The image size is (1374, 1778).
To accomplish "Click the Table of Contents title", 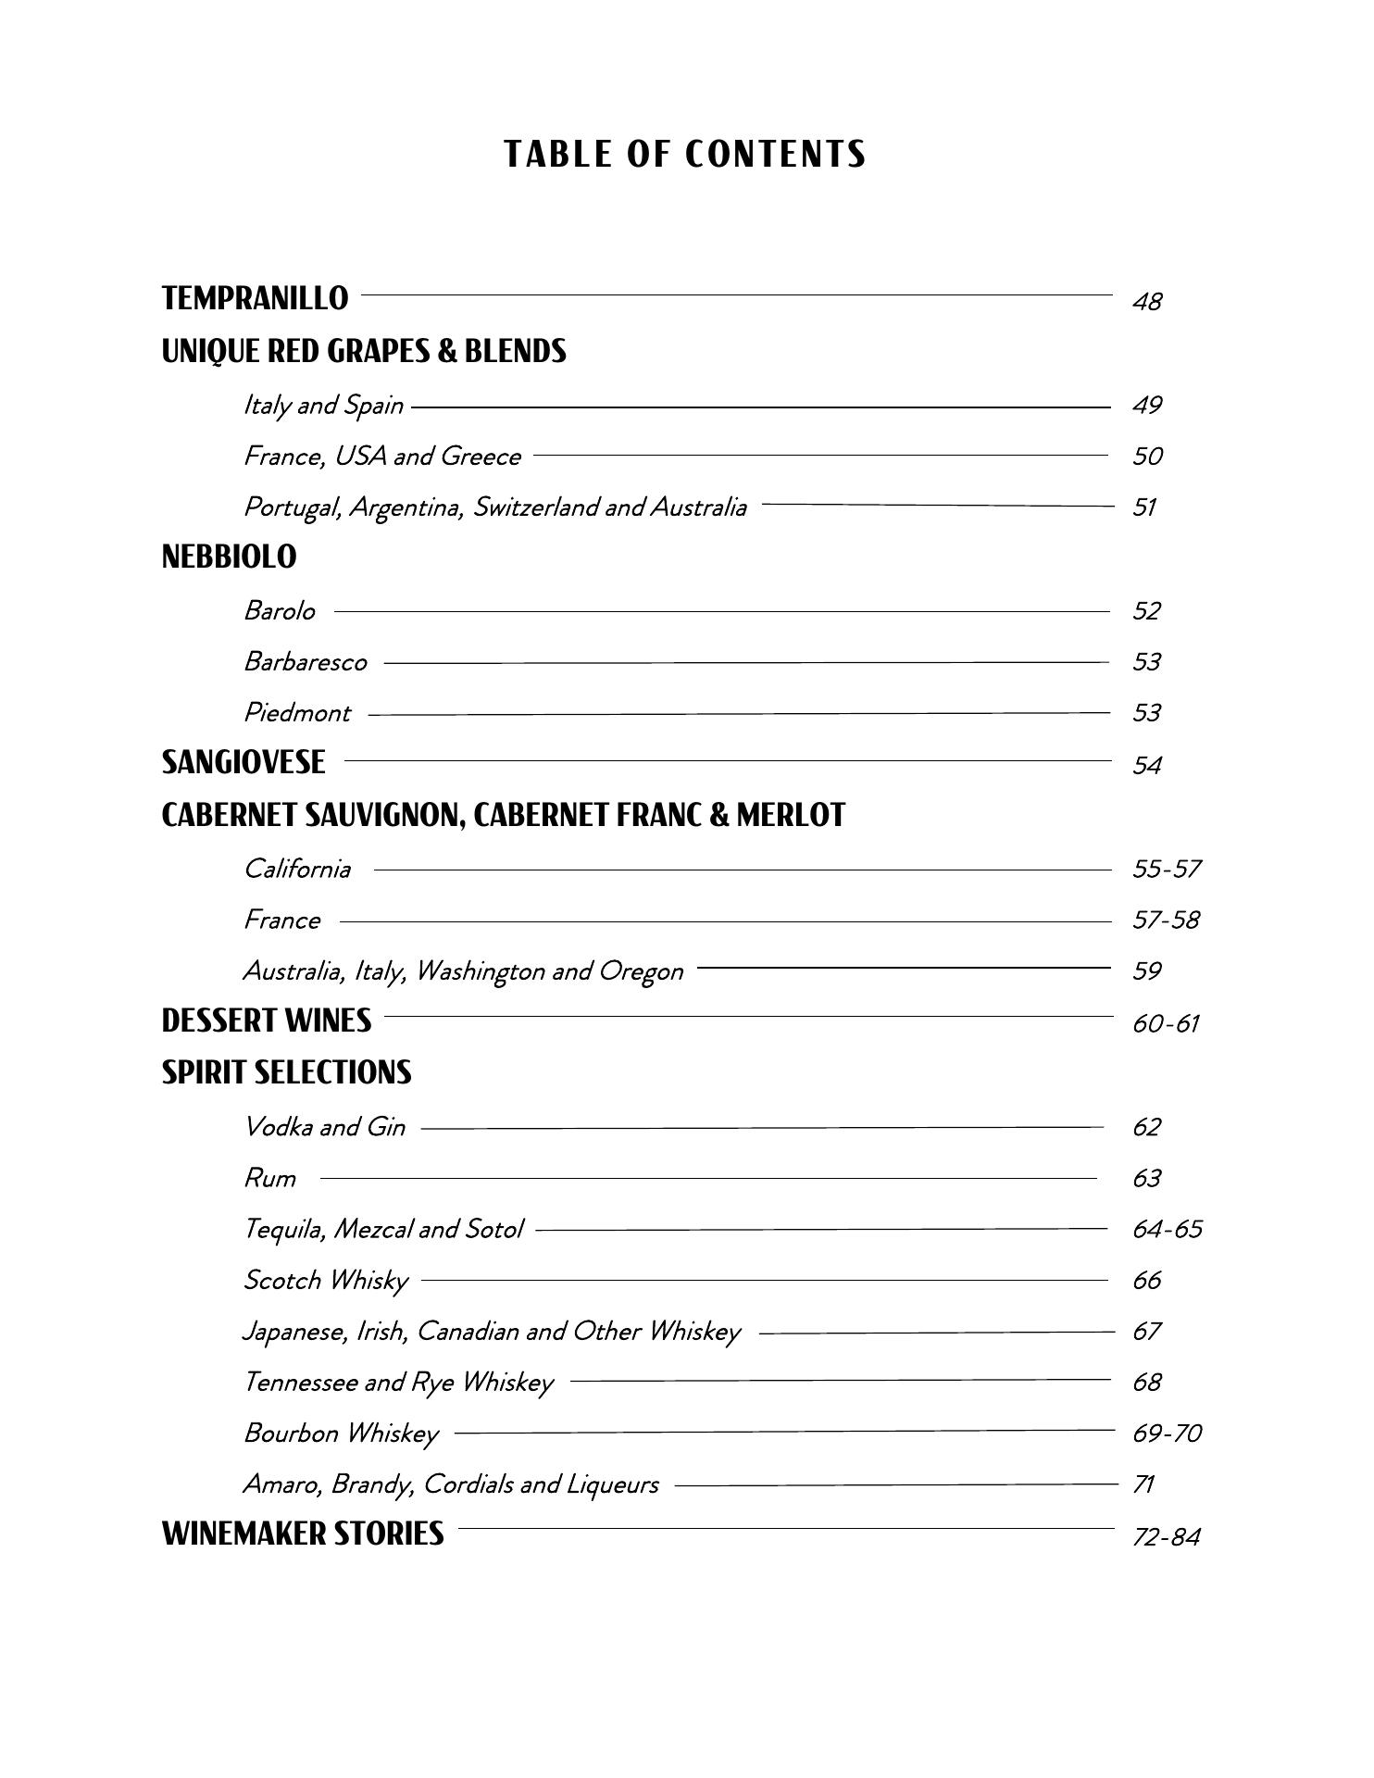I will (x=685, y=154).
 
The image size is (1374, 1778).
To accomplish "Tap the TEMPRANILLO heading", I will (x=255, y=298).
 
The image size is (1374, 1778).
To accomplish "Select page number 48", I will (x=1146, y=302).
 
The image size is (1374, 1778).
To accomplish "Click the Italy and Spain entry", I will (x=323, y=405).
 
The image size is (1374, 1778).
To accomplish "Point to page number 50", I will (x=1147, y=456).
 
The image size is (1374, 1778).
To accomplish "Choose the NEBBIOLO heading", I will (x=229, y=557).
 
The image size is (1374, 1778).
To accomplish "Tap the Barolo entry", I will (x=279, y=610).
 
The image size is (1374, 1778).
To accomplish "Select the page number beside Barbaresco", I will (x=1146, y=661).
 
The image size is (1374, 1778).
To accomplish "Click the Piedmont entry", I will (x=296, y=712).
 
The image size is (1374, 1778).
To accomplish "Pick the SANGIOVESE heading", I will (x=244, y=762).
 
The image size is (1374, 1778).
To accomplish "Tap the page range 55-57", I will (x=1166, y=869).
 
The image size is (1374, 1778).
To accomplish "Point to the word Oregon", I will (x=641, y=970).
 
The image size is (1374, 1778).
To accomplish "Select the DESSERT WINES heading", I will (x=266, y=1020).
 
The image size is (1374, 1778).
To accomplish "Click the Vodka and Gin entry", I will (x=324, y=1126).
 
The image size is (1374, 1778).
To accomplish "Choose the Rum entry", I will (x=269, y=1178).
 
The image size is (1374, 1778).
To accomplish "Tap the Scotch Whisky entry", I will (x=325, y=1280).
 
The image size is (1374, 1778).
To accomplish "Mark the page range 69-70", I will (x=1167, y=1433).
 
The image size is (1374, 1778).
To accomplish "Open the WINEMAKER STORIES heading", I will (x=303, y=1534).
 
